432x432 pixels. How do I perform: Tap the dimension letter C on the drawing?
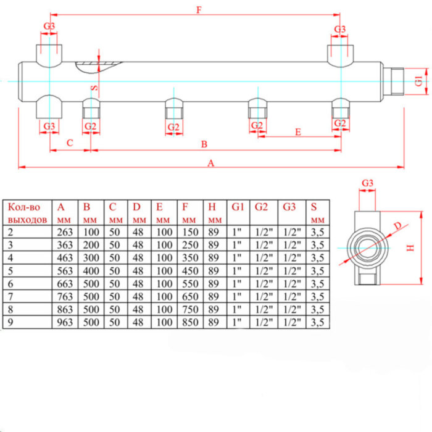click(x=70, y=143)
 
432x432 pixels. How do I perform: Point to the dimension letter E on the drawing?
click(x=298, y=131)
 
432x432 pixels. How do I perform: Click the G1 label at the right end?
click(x=418, y=80)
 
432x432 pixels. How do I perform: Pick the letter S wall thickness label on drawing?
click(x=94, y=88)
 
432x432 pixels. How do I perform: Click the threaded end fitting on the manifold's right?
click(x=393, y=81)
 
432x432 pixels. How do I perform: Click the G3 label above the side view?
click(x=368, y=183)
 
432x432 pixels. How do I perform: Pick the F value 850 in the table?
click(x=191, y=322)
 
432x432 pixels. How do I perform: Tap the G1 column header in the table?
click(x=238, y=207)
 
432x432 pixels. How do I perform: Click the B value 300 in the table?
click(x=91, y=258)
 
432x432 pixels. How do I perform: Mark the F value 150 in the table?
click(x=191, y=232)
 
